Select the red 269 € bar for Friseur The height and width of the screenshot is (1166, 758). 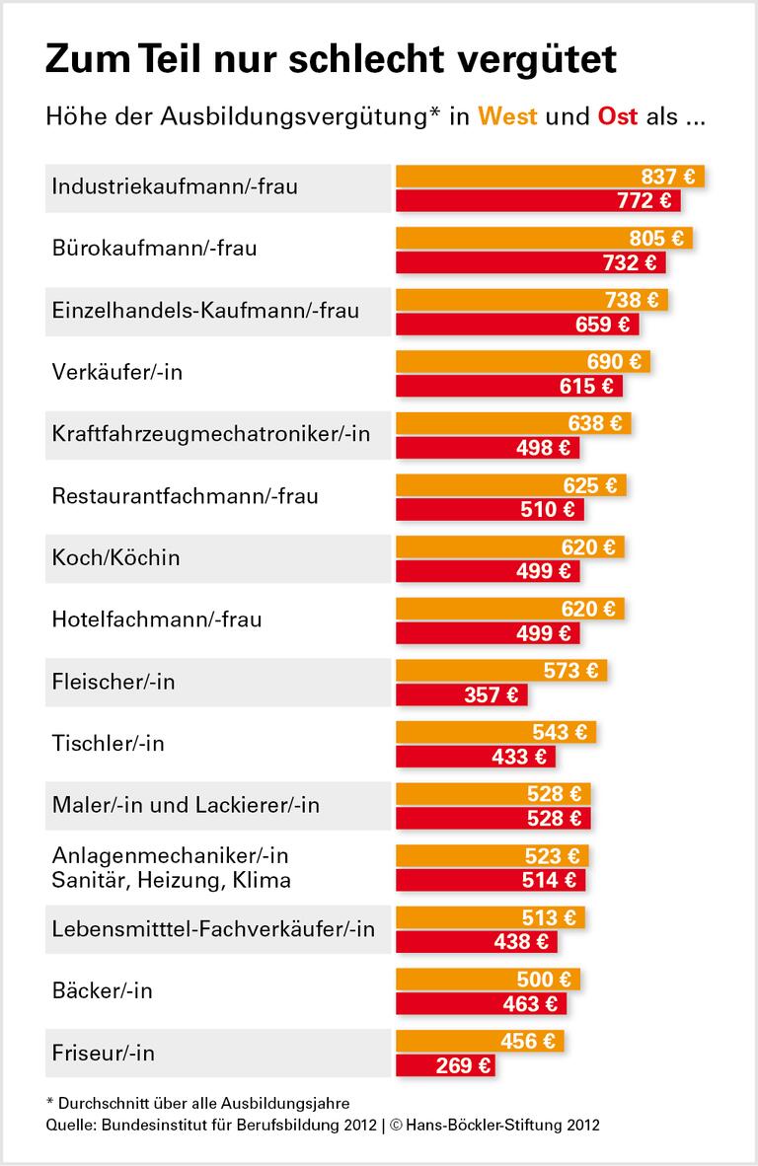[x=444, y=1065]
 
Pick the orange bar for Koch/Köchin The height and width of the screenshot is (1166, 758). [x=509, y=547]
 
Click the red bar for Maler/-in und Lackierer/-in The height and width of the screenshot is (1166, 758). [x=493, y=818]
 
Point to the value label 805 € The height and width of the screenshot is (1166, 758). [x=656, y=239]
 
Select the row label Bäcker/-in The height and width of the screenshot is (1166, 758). [x=102, y=991]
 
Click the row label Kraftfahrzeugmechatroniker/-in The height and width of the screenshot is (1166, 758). [x=210, y=434]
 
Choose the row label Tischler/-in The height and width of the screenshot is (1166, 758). [x=108, y=744]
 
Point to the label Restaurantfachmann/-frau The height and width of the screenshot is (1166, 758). [x=185, y=496]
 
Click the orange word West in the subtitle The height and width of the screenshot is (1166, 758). [x=507, y=116]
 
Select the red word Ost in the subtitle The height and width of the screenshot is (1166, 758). [x=618, y=116]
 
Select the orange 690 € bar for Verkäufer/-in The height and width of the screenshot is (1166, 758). [x=522, y=362]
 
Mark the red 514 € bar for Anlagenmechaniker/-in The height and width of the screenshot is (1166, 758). [x=491, y=880]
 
